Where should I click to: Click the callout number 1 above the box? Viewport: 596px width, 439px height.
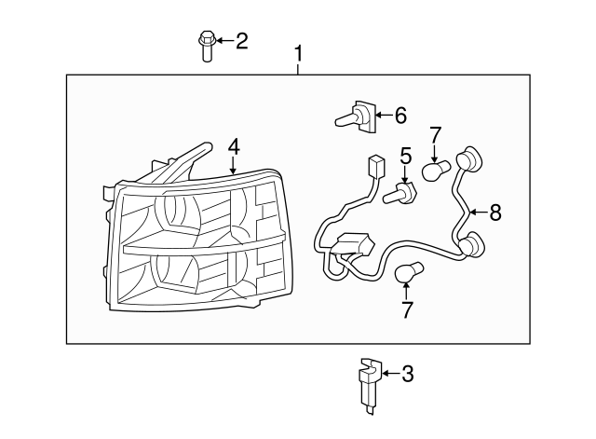click(x=299, y=54)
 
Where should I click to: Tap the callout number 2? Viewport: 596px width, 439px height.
click(x=242, y=41)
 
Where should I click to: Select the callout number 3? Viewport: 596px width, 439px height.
click(x=408, y=374)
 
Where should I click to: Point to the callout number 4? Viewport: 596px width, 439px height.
click(x=234, y=147)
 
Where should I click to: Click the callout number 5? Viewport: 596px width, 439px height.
click(x=406, y=156)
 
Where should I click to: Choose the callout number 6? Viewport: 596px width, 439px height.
click(x=400, y=116)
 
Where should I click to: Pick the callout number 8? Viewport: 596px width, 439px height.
click(x=495, y=213)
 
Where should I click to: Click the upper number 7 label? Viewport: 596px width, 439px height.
click(x=436, y=135)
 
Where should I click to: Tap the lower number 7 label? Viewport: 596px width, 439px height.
click(x=407, y=309)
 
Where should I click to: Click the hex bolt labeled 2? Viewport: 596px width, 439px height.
click(x=207, y=46)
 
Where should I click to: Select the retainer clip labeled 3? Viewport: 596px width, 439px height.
click(x=370, y=385)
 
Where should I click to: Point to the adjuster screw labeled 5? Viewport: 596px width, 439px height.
click(x=400, y=193)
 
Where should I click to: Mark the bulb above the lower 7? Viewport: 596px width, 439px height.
click(x=409, y=271)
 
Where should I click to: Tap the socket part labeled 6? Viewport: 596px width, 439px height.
click(x=356, y=117)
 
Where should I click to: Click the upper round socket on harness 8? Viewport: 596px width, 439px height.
click(x=468, y=159)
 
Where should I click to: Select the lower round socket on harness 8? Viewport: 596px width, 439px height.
click(x=472, y=243)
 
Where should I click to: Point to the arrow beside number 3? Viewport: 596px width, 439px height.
click(x=391, y=373)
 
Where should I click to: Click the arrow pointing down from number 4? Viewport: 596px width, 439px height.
click(x=233, y=165)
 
